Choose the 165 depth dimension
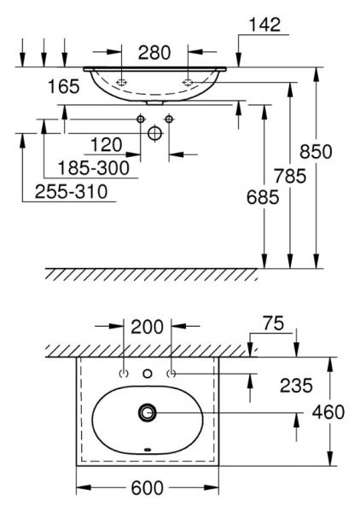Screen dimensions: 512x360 point(63,85)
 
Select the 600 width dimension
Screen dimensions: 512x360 point(148,489)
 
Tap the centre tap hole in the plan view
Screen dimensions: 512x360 point(148,374)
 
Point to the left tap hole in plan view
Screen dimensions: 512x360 point(125,374)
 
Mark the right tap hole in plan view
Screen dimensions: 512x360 point(171,374)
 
